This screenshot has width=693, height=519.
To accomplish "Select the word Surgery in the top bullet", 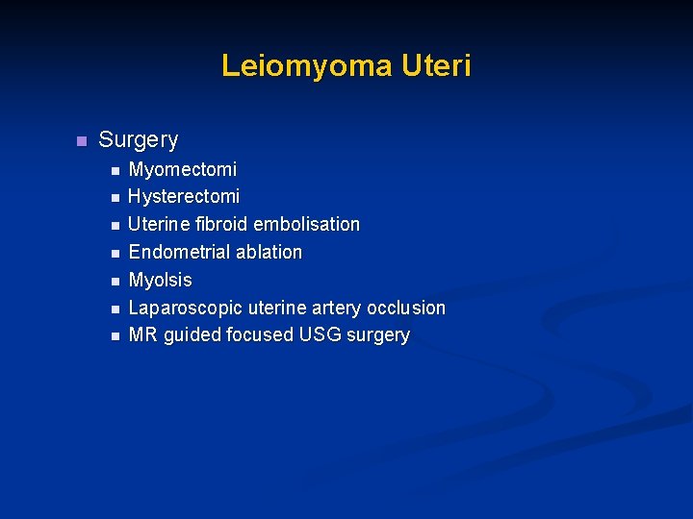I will click(x=139, y=140).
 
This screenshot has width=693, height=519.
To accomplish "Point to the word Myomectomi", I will click(x=182, y=169).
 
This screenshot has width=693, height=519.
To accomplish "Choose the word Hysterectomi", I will click(x=184, y=197).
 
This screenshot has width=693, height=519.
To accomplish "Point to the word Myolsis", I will click(x=160, y=280).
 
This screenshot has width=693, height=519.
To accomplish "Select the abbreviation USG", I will click(x=325, y=335).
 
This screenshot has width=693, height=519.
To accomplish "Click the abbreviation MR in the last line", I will click(x=142, y=335).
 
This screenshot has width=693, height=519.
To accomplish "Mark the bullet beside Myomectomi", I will click(x=114, y=171).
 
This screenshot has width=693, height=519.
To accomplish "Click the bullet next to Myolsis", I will click(x=114, y=282).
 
